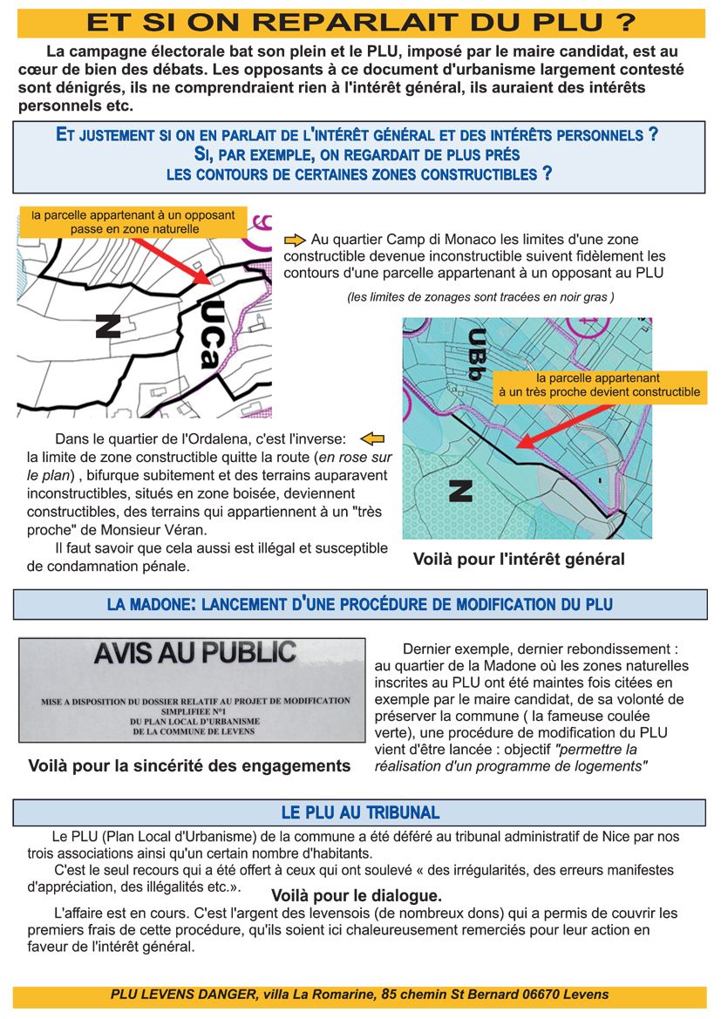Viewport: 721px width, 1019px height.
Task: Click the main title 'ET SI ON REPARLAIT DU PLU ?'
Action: click(361, 22)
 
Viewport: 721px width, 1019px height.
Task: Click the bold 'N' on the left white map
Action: click(107, 326)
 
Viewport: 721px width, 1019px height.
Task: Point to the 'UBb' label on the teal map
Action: click(474, 354)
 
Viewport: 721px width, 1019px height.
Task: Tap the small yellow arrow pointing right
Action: click(294, 239)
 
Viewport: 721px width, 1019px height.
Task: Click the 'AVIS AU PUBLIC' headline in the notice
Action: click(194, 653)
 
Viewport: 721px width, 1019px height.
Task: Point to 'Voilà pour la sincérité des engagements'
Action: click(189, 767)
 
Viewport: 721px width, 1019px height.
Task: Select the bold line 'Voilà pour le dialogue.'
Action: click(356, 895)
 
